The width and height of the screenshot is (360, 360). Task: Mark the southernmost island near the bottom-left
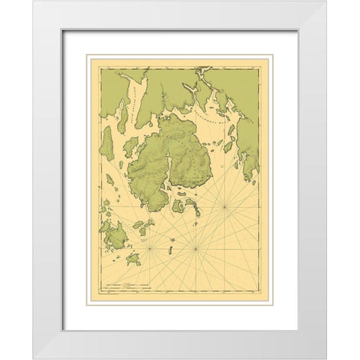tap(133, 259)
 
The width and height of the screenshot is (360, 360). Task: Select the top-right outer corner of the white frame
tap(327, 1)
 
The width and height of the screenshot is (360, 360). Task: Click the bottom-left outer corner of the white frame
tap(32, 358)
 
